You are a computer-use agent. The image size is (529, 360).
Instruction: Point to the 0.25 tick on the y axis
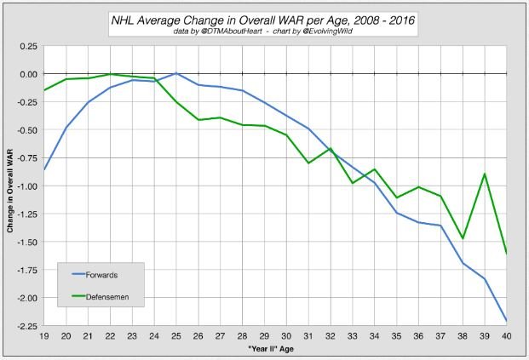[29, 46]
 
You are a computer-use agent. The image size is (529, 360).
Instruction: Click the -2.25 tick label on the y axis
[27, 326]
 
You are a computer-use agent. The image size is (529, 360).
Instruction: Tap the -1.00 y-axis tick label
[27, 186]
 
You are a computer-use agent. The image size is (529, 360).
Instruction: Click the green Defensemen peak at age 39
[485, 174]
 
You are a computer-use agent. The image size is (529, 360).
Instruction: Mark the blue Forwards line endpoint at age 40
[507, 320]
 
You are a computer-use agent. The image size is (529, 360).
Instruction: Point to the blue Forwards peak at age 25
[176, 73]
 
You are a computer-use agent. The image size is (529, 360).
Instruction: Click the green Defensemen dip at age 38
[463, 238]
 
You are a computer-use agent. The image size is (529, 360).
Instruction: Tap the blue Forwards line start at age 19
[44, 170]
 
